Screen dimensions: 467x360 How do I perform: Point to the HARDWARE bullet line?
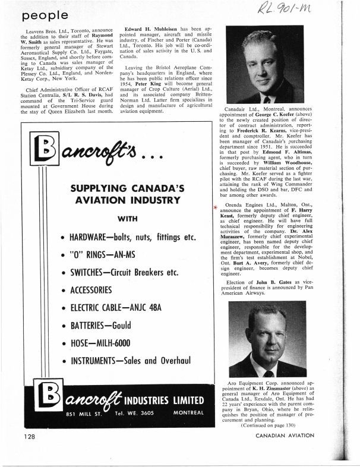coord(131,254)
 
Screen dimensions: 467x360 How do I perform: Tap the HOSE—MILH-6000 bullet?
coord(105,344)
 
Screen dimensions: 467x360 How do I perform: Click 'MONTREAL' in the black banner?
coord(186,411)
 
